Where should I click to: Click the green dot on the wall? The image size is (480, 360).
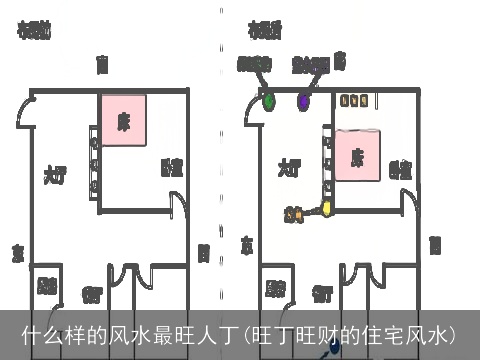[269, 99]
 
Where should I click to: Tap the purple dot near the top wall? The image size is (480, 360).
[304, 100]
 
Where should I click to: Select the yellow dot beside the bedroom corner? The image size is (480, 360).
[326, 210]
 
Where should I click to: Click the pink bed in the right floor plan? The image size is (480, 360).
[357, 156]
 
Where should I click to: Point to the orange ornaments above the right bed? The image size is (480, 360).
[355, 101]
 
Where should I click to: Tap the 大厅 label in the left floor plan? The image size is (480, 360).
[55, 173]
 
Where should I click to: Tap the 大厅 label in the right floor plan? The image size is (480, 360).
[289, 165]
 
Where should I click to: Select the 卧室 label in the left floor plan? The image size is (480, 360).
[171, 167]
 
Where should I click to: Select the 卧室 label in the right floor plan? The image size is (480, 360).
[400, 169]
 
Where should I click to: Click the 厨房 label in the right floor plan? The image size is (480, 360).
[276, 289]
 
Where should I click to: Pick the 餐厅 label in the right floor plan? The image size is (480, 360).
[322, 294]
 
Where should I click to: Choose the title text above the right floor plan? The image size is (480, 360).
[264, 29]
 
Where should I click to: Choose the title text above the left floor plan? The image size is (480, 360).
[34, 29]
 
